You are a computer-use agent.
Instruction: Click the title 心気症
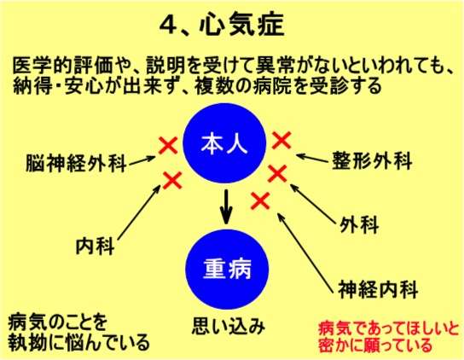point(241,25)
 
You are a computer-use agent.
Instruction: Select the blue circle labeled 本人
point(224,143)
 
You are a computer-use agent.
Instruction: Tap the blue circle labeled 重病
point(227,269)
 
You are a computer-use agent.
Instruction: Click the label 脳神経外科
point(77,163)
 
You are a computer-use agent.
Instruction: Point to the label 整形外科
point(372,160)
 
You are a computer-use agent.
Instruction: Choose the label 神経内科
point(378,289)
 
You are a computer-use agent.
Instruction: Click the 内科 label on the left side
point(96,246)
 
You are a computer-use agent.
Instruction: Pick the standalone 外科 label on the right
point(359,224)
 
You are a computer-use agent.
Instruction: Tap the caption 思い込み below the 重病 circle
point(229,326)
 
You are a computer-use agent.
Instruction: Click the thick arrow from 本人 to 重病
point(226,206)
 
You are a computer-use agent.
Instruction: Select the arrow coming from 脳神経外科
point(142,160)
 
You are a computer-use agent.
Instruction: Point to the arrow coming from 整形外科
point(312,158)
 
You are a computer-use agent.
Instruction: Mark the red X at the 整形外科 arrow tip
point(281,140)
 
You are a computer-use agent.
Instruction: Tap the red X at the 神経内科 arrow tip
point(260,200)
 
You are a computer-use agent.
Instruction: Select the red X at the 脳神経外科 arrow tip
point(168,145)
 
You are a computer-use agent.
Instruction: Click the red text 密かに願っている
point(375,345)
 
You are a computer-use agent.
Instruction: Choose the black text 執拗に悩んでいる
point(78,343)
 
